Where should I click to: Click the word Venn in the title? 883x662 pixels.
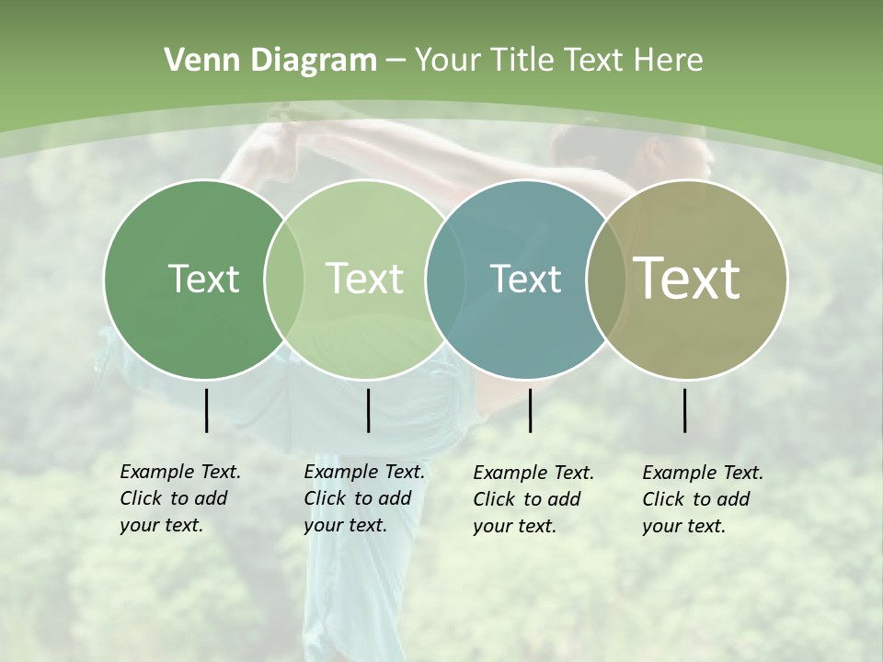coord(196,61)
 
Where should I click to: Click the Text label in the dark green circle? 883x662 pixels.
coord(203,279)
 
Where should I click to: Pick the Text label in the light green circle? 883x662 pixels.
coord(364,279)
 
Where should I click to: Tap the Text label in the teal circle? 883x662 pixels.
coord(525,279)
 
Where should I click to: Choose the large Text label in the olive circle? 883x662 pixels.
coord(687,278)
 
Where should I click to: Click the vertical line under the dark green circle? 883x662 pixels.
coord(206,410)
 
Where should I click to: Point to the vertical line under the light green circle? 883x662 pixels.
coord(368,410)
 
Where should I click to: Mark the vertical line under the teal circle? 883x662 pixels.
coord(530,410)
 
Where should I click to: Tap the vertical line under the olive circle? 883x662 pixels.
coord(685,410)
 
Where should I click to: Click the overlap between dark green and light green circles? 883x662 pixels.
coord(283,279)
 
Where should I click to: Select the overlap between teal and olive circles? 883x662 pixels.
coord(605,279)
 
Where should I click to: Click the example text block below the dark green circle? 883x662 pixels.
coord(180,498)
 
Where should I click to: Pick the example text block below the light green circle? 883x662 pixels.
coord(364,498)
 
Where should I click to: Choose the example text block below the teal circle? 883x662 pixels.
coord(533,499)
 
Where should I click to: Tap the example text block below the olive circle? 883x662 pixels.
coord(703,499)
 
